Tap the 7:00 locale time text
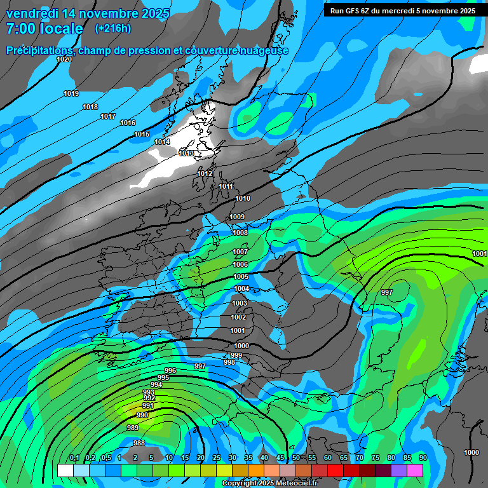pos(44,29)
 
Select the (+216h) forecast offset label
pos(113,29)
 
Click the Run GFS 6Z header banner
pos(403,10)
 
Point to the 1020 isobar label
pos(64,59)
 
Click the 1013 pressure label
pos(187,153)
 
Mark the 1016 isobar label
pos(128,123)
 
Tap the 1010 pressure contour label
pos(243,198)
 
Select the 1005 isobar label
pos(241,276)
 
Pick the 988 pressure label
pos(139,443)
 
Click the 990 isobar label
pos(142,415)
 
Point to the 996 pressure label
pos(170,370)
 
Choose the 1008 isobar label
pos(240,233)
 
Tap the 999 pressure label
pos(236,355)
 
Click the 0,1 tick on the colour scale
pos(74,458)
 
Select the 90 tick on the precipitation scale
pos(423,458)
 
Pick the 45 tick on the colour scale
pos(280,458)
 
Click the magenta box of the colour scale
pos(415,470)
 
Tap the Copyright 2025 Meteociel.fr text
pos(269,484)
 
